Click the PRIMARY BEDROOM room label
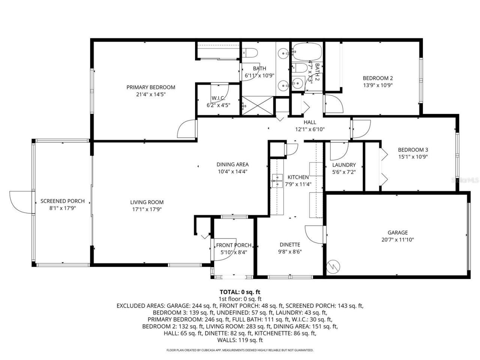coord(151,87)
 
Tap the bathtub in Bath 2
coord(307,52)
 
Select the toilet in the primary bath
coord(250,52)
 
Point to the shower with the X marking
coord(257,106)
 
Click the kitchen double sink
coord(277,181)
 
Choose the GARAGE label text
coord(397,232)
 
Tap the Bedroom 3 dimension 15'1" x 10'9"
coord(413,157)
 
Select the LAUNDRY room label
coord(344,165)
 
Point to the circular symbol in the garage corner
coord(333,267)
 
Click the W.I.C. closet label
coord(218,98)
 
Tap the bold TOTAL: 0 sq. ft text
coord(240,292)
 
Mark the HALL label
coord(310,122)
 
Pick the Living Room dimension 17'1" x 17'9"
coord(147,209)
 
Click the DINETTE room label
coord(290,244)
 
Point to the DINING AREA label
coord(232,164)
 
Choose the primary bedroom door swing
coord(186,129)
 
